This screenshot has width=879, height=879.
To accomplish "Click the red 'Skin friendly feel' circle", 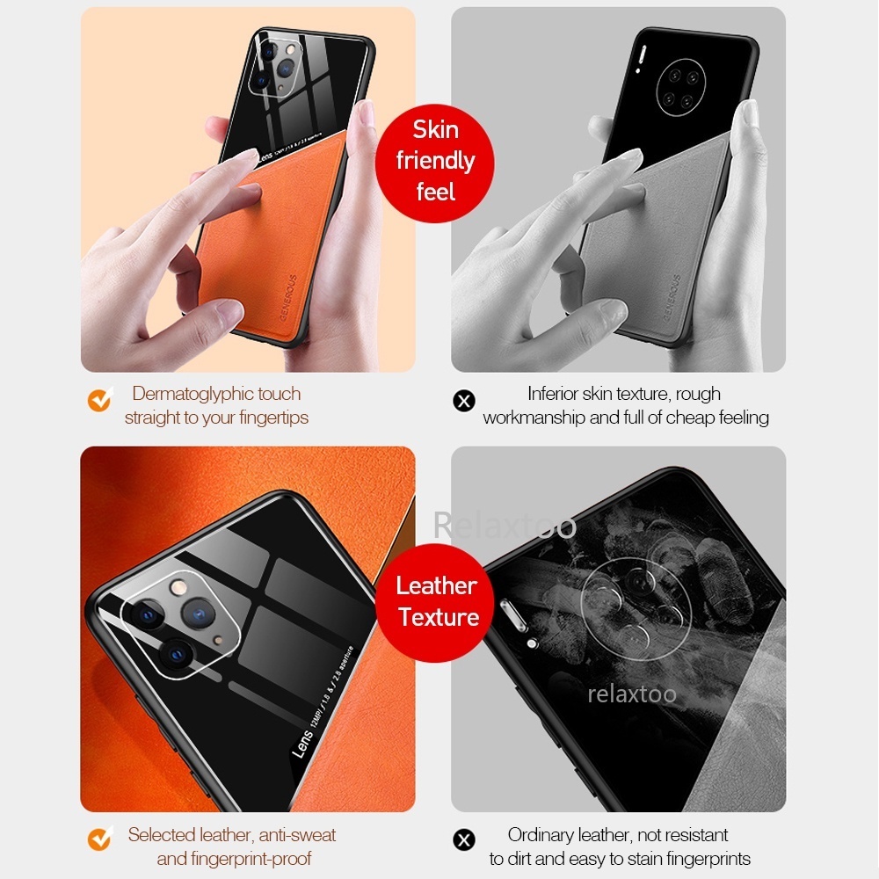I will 435,161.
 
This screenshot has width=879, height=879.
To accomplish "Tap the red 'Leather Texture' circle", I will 437,601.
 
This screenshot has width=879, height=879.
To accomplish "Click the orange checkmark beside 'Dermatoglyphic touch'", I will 99,401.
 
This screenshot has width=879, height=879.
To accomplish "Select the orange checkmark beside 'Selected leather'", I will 99,839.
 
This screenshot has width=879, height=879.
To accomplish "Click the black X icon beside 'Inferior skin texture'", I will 464,401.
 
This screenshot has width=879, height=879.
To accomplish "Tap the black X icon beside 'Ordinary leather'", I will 464,839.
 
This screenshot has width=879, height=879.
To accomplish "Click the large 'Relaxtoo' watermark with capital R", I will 505,525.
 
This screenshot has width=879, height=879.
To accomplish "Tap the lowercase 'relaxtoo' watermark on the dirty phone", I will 632,694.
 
